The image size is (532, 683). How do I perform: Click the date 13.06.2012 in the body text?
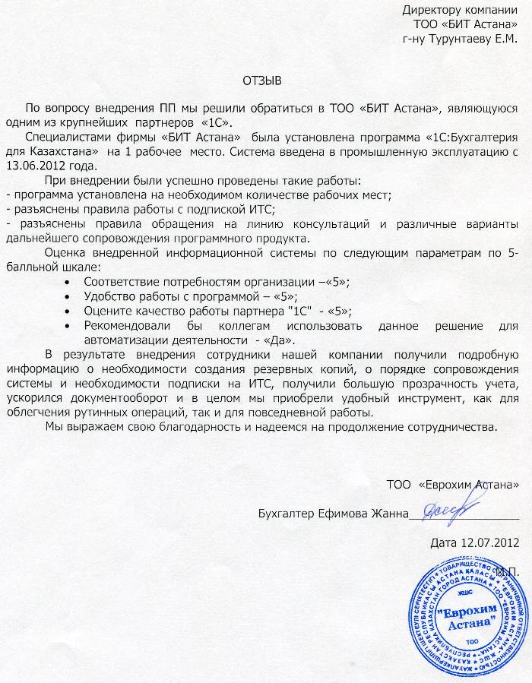pyautogui.click(x=37, y=165)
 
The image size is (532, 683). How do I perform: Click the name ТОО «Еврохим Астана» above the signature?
pyautogui.click(x=453, y=483)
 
